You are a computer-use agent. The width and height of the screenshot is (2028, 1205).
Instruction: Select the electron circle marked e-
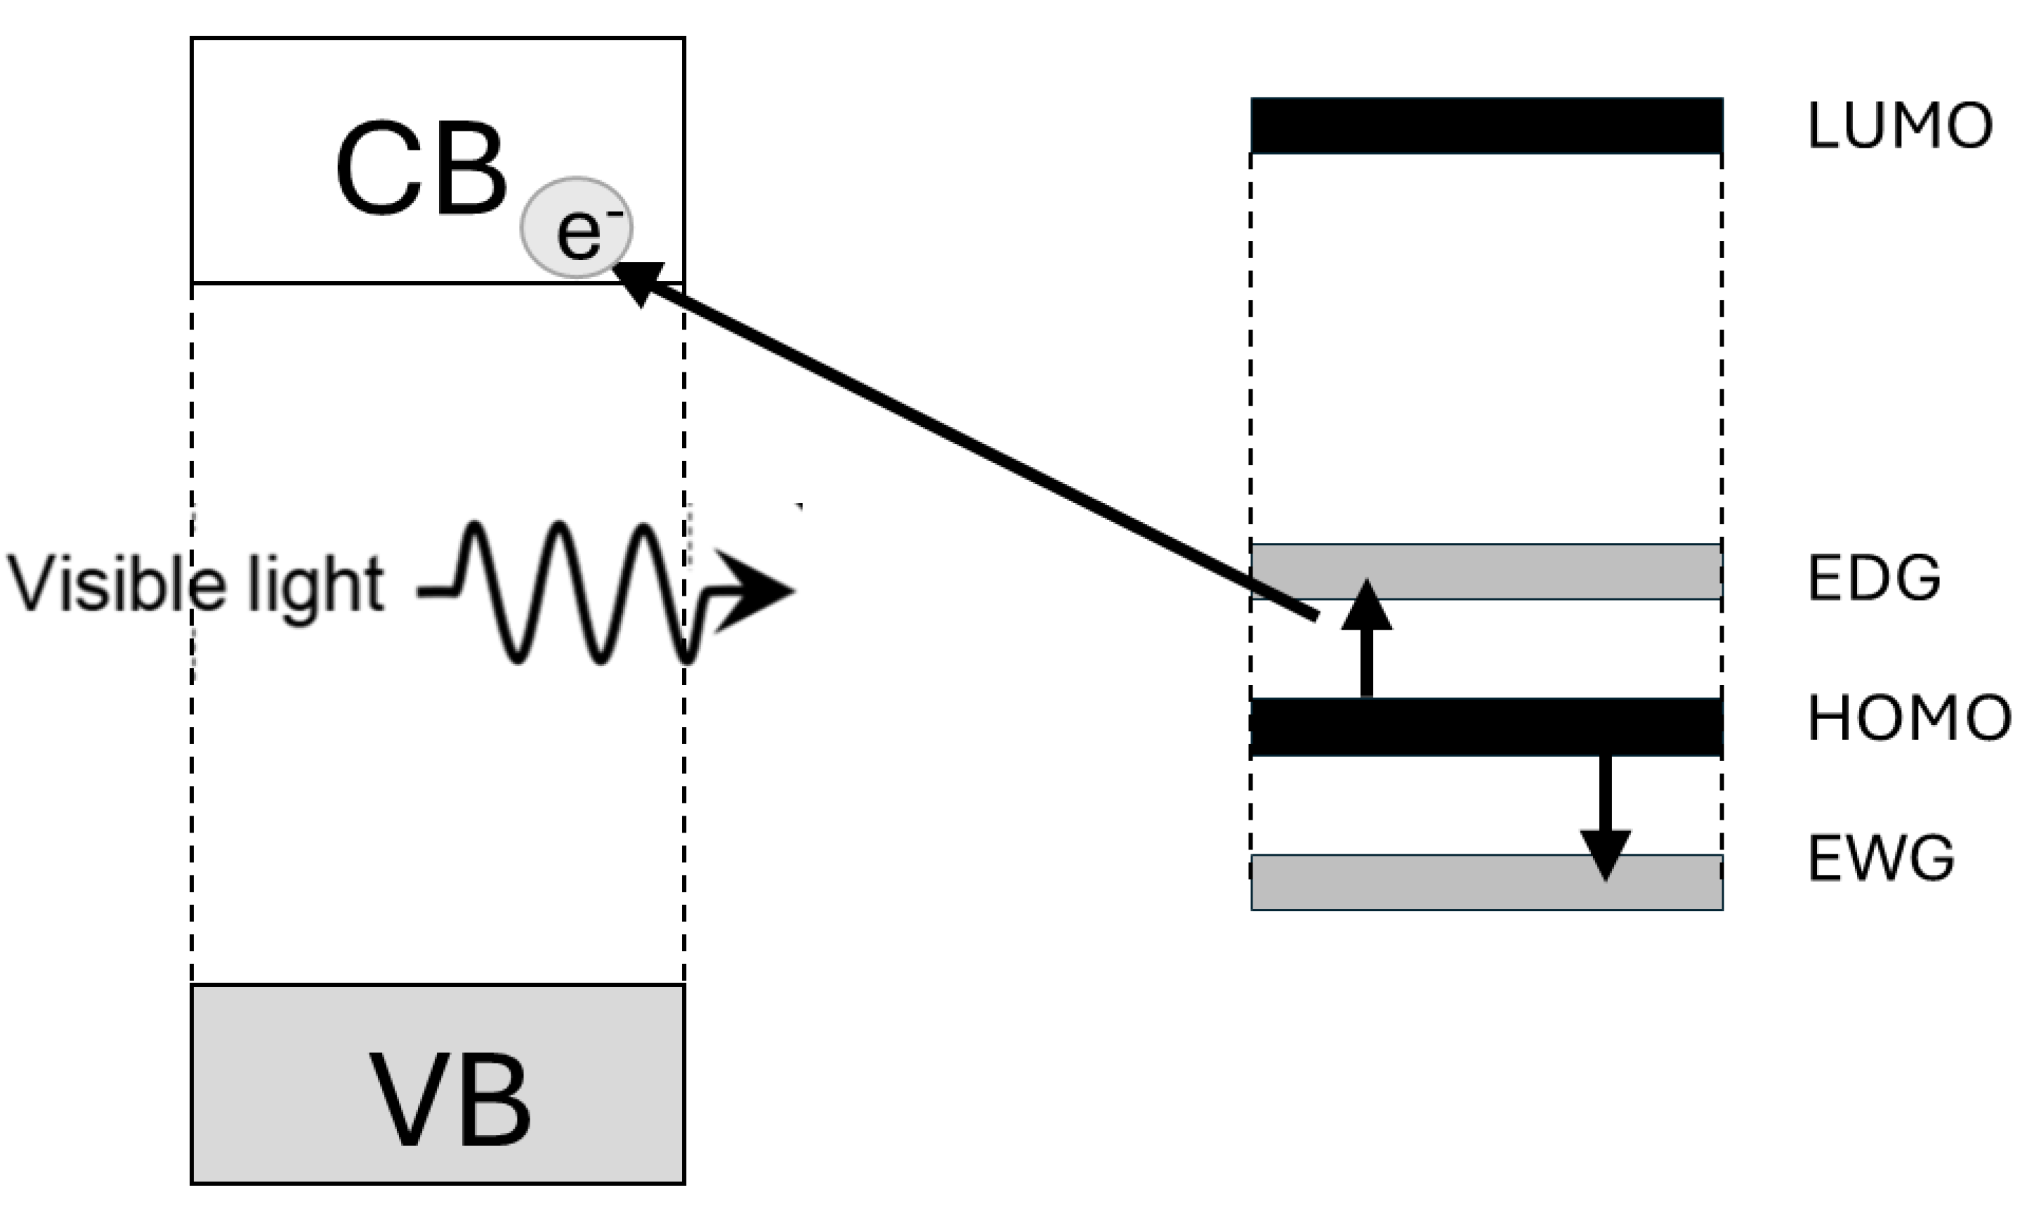[577, 228]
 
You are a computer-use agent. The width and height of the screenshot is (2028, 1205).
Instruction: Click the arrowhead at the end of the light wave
[752, 590]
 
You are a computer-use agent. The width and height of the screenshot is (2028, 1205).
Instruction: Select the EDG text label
[1873, 578]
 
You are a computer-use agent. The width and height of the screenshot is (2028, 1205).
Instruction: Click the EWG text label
[1880, 859]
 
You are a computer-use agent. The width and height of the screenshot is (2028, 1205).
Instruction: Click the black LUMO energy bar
[1485, 126]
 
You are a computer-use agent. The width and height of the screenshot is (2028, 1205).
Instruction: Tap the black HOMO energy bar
[1485, 726]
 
